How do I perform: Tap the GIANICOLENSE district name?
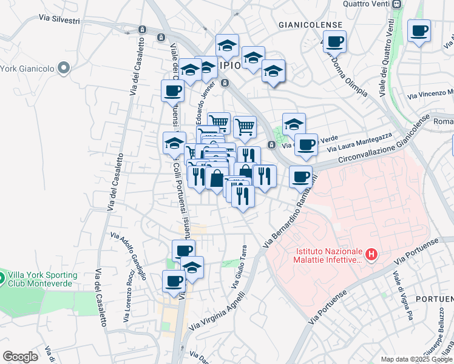tap(307, 25)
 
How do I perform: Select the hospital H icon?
tap(373, 254)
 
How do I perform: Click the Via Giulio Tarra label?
tap(239, 267)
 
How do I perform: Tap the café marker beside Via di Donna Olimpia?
tap(334, 42)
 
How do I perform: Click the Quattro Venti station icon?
tap(397, 4)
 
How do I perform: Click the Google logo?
tap(20, 357)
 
